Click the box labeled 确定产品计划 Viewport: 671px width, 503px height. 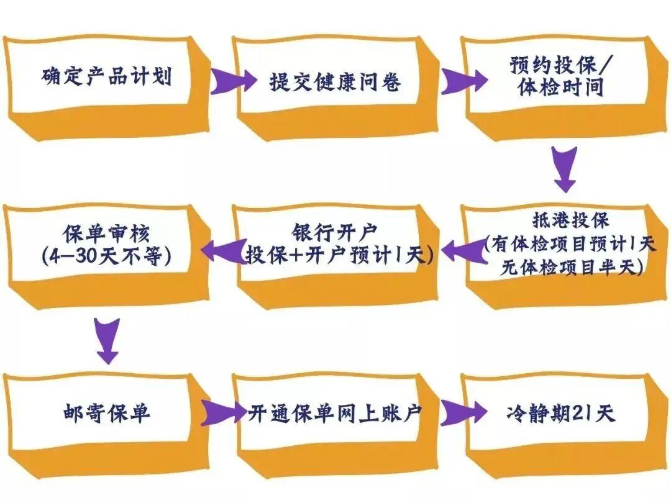click(x=106, y=78)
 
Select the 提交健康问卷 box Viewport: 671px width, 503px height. click(x=335, y=81)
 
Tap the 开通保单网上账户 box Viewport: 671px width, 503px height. click(x=335, y=412)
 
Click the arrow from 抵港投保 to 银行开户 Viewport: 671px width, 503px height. click(x=463, y=250)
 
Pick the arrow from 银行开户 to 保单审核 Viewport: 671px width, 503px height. click(x=224, y=250)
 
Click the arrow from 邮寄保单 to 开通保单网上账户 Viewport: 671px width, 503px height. click(x=224, y=411)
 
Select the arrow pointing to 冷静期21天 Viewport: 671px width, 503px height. click(x=463, y=411)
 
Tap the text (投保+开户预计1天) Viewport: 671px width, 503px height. click(x=339, y=255)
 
